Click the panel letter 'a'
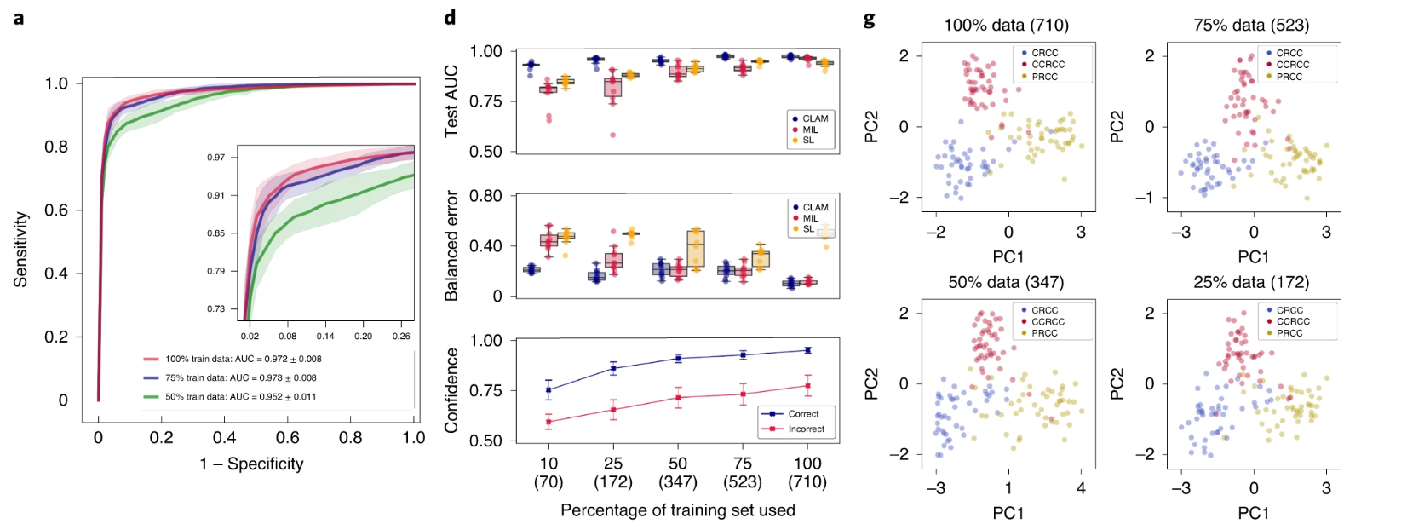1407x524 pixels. coord(19,18)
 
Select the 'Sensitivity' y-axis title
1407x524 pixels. coord(21,249)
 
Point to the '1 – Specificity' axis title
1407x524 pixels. coord(251,464)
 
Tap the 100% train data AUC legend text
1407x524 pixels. coord(243,360)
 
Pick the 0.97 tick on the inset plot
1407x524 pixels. coord(216,158)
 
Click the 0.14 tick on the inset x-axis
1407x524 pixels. coord(325,336)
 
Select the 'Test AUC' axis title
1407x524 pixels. coord(452,101)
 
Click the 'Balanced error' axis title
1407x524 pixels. coord(452,245)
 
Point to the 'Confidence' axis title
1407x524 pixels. coord(452,389)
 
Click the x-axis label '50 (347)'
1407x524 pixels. coord(678,472)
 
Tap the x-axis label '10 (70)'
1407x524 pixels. coord(548,472)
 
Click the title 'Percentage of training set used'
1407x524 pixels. coord(678,510)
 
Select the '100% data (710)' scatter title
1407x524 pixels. coord(1006,25)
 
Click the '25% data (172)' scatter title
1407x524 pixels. coord(1251,282)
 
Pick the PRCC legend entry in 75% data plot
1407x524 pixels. coord(1289,77)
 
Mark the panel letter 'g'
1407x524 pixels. coord(869,19)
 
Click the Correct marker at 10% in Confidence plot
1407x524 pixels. coord(548,389)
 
